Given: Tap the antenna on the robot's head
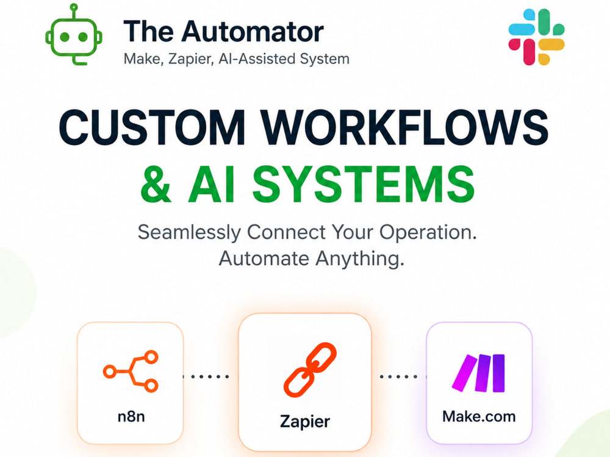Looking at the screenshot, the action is click(x=74, y=11).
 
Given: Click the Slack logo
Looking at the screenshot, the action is click(x=536, y=37).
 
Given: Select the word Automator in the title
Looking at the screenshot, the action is click(x=253, y=31).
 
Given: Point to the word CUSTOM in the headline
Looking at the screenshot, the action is click(x=152, y=127).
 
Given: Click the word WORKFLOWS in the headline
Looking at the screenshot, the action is click(x=404, y=127).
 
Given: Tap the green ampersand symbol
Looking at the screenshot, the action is click(x=156, y=184).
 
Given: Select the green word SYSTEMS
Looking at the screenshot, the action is click(x=364, y=184).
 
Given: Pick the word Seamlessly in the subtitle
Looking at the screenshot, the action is click(x=189, y=232).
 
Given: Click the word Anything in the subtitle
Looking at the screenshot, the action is click(x=359, y=259).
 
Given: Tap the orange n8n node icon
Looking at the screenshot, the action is click(x=131, y=371).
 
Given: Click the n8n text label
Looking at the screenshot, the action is click(x=131, y=417).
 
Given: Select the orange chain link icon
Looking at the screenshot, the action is click(x=310, y=370).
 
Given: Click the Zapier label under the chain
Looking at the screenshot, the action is click(x=305, y=422).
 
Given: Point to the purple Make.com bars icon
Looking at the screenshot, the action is click(x=478, y=373).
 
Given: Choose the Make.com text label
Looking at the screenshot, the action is click(x=479, y=417).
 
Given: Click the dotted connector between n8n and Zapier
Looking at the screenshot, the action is click(x=206, y=376).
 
